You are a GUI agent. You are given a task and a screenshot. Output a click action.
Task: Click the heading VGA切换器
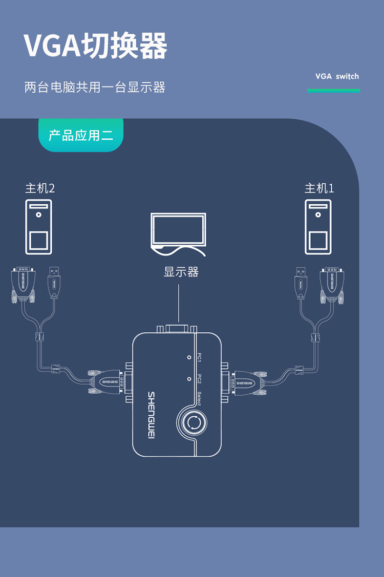[x=96, y=46]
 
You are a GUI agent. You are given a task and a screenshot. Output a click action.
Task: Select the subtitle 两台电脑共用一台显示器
[x=95, y=87]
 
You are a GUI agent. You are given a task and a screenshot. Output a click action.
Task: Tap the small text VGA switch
[x=337, y=77]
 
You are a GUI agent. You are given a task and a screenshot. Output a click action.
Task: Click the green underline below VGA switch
[x=333, y=91]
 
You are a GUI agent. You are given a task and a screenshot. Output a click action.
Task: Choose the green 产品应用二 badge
[x=81, y=135]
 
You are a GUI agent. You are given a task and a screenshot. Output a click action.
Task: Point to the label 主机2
[x=40, y=188]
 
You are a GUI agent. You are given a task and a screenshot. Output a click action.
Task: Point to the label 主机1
[x=319, y=188]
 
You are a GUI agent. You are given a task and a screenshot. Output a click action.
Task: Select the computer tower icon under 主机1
[x=318, y=227]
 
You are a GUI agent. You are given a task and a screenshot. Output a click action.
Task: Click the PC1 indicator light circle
[x=189, y=357]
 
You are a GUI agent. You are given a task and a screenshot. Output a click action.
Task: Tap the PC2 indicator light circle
[x=189, y=379]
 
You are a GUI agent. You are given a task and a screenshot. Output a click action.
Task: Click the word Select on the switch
[x=199, y=398]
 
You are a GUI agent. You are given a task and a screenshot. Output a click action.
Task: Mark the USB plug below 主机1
[x=301, y=282]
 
